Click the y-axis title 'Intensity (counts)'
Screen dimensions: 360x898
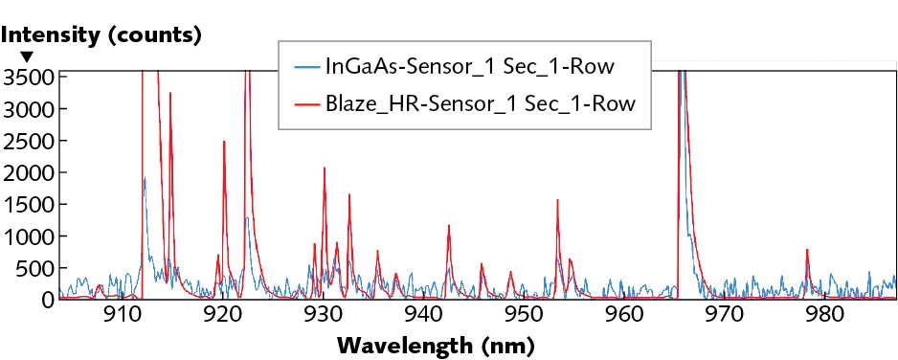pyautogui.click(x=101, y=36)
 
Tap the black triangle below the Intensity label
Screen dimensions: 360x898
pyautogui.click(x=27, y=58)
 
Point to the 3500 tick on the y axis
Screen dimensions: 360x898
pyautogui.click(x=28, y=77)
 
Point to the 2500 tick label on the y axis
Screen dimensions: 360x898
pyautogui.click(x=28, y=140)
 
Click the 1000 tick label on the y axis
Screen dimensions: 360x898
pyautogui.click(x=28, y=236)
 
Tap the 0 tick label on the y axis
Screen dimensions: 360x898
pyautogui.click(x=45, y=300)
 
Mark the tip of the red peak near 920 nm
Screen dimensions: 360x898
pyautogui.click(x=224, y=142)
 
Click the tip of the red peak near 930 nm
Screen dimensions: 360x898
pyautogui.click(x=325, y=168)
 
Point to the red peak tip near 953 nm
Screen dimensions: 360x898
pyautogui.click(x=557, y=200)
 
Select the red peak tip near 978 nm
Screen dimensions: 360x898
pyautogui.click(x=807, y=249)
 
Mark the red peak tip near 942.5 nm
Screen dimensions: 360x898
pyautogui.click(x=448, y=225)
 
